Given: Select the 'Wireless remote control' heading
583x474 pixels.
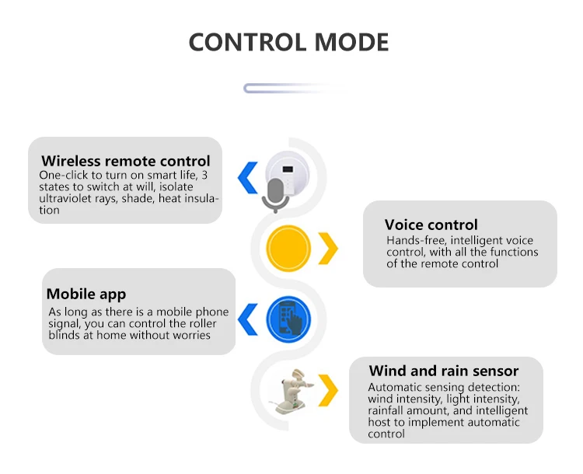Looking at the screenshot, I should pyautogui.click(x=126, y=162).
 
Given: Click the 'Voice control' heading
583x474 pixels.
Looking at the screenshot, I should pyautogui.click(x=431, y=225).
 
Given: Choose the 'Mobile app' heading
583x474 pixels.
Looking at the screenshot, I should pyautogui.click(x=86, y=294).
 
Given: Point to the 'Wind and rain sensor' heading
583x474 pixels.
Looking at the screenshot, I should pyautogui.click(x=444, y=371).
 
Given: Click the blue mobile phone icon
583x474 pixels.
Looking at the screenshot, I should pyautogui.click(x=288, y=319).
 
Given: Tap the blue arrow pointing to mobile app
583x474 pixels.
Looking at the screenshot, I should pyautogui.click(x=247, y=319).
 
